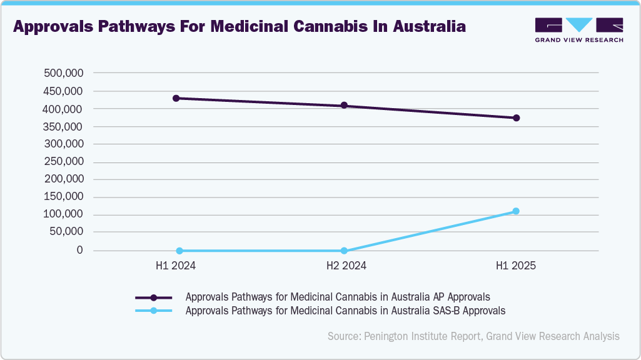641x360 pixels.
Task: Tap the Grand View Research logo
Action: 578,29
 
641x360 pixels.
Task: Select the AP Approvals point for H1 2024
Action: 176,98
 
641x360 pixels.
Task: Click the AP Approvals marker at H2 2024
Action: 344,106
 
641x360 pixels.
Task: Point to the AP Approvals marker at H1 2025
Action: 516,117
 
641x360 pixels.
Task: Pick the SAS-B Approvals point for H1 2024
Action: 179,251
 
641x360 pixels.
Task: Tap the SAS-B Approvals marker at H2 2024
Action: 344,251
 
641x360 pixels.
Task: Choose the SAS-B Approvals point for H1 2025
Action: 516,211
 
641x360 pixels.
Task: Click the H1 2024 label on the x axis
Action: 176,266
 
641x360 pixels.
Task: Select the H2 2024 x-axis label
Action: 346,266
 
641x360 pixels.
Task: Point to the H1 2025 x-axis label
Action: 516,266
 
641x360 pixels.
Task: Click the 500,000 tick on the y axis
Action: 63,73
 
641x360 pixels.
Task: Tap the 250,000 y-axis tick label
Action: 63,162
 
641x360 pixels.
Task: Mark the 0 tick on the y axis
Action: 79,250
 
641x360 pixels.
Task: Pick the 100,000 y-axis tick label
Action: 63,214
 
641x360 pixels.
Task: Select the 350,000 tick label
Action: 63,126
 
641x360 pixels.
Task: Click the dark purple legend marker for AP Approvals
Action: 154,297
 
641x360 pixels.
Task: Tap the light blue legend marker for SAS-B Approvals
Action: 154,310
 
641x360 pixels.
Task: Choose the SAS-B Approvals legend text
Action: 345,310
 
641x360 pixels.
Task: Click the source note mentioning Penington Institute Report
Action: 473,336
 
